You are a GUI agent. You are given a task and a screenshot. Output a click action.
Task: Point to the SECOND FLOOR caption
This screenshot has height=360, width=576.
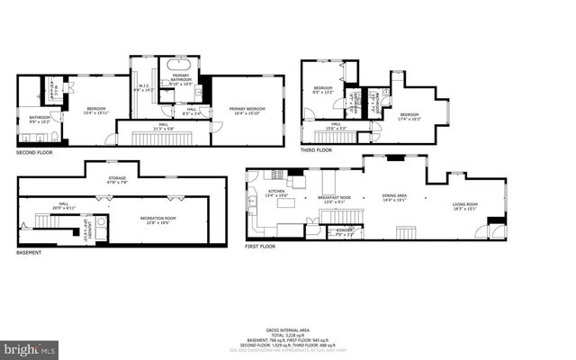34,153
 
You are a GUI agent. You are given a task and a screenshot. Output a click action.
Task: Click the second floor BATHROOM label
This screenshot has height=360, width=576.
39,117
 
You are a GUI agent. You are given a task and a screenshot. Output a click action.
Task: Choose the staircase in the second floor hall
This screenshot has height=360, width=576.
157,137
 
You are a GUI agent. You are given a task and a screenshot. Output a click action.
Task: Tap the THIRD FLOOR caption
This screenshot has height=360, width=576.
317,150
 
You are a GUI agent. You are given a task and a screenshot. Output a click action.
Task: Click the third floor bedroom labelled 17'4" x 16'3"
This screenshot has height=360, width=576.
409,116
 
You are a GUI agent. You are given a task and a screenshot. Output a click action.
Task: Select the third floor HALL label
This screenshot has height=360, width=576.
335,126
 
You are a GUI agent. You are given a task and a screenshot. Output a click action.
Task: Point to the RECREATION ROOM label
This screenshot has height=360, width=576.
157,220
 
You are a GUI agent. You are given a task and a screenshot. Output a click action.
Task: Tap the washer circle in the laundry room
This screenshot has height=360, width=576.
101,221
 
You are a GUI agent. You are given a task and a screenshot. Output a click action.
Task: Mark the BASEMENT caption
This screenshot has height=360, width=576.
29,252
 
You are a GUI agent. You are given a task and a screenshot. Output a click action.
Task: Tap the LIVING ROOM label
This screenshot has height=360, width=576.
465,206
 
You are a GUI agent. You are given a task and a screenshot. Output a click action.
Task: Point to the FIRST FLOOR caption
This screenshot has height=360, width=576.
263,245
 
